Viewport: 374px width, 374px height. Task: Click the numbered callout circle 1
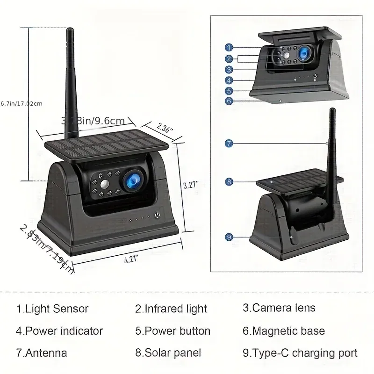pyautogui.click(x=229, y=47)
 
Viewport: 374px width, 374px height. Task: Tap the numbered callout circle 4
pyautogui.click(x=229, y=80)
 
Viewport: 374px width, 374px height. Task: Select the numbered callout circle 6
pyautogui.click(x=229, y=101)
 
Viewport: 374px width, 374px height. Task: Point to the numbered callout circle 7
pyautogui.click(x=229, y=144)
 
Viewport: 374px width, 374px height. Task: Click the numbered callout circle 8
pyautogui.click(x=229, y=181)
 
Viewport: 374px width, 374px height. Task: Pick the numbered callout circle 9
pyautogui.click(x=229, y=237)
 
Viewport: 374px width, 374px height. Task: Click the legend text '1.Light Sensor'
pyautogui.click(x=52, y=309)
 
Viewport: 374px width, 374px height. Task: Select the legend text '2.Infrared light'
pyautogui.click(x=171, y=309)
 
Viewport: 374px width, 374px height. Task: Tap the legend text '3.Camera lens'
pyautogui.click(x=279, y=308)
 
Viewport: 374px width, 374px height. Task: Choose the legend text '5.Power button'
pyautogui.click(x=173, y=331)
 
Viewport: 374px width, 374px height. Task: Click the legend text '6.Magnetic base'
pyautogui.click(x=283, y=331)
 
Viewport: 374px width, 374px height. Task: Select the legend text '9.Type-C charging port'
pyautogui.click(x=300, y=353)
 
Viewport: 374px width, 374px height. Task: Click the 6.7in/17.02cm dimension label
pyautogui.click(x=22, y=103)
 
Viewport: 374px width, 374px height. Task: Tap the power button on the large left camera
pyautogui.click(x=157, y=216)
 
